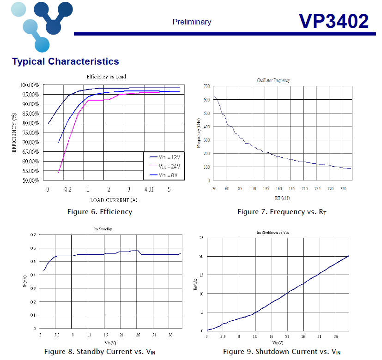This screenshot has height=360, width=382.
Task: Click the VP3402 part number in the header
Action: click(x=333, y=21)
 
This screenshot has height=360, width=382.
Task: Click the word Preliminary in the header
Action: click(x=192, y=22)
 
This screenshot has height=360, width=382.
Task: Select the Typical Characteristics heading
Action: click(x=65, y=61)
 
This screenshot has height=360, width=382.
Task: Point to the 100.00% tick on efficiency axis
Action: click(x=30, y=85)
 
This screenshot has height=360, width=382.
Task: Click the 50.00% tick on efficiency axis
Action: click(x=30, y=180)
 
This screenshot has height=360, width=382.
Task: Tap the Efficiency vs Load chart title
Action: click(x=106, y=77)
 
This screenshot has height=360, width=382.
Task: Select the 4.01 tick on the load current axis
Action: click(x=149, y=190)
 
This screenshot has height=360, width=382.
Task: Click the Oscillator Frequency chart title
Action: click(x=273, y=81)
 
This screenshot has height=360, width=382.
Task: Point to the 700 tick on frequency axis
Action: click(x=206, y=86)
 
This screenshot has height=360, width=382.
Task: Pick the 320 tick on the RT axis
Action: click(x=343, y=189)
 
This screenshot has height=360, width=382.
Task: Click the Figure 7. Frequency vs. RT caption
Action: click(x=282, y=212)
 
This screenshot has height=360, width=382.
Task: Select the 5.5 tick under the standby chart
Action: click(x=56, y=335)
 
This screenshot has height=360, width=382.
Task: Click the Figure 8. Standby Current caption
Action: click(x=100, y=352)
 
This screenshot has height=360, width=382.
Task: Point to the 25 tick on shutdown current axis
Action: click(x=201, y=238)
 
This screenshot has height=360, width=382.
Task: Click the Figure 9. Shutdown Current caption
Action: click(x=282, y=352)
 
